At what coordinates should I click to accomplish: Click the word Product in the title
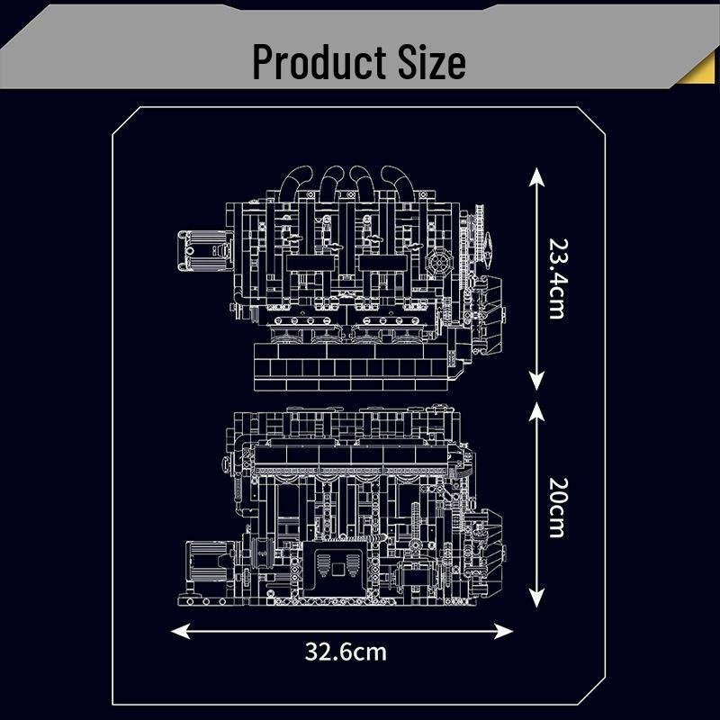coord(319,61)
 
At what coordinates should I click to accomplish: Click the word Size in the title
coord(432,61)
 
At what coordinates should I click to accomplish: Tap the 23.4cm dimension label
coord(558,279)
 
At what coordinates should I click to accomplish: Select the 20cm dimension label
coord(558,508)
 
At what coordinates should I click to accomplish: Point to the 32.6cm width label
coord(346,652)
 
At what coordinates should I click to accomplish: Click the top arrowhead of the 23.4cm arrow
coord(536,176)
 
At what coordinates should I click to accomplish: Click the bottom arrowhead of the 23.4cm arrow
coord(536,382)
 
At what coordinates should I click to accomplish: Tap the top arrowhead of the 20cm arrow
coord(536,411)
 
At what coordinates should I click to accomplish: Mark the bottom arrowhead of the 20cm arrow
coord(536,598)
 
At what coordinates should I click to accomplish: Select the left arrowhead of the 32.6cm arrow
coord(180,631)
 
